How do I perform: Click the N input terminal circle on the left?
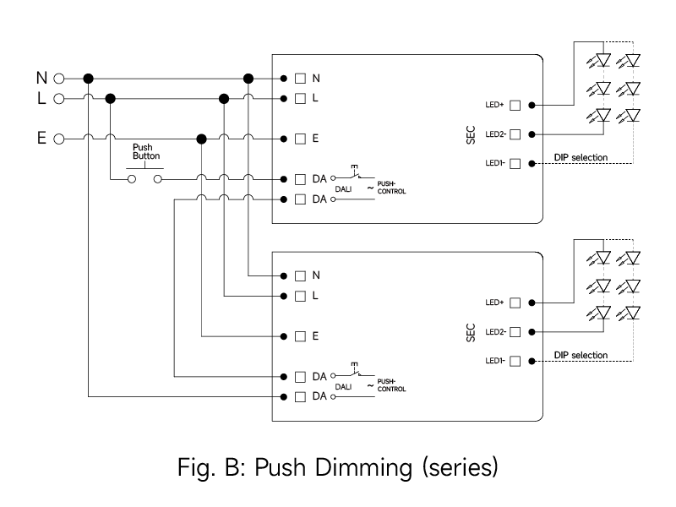coord(58,79)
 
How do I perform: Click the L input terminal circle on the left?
coord(58,99)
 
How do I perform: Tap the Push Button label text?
coord(146,151)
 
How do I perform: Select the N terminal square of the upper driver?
coord(300,79)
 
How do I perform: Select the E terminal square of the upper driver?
coord(300,138)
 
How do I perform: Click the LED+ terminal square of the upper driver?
coord(515,106)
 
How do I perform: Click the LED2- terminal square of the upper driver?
coord(515,134)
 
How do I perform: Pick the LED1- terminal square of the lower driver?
coord(515,361)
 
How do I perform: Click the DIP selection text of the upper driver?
coord(581,157)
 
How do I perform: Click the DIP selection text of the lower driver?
coord(581,355)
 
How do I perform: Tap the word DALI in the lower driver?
coord(343,387)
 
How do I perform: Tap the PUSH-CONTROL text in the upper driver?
coord(390,188)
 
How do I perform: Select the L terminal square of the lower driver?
coord(300,296)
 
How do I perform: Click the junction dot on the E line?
coord(202,138)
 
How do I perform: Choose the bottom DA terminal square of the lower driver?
coord(300,395)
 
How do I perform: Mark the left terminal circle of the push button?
coord(131,179)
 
